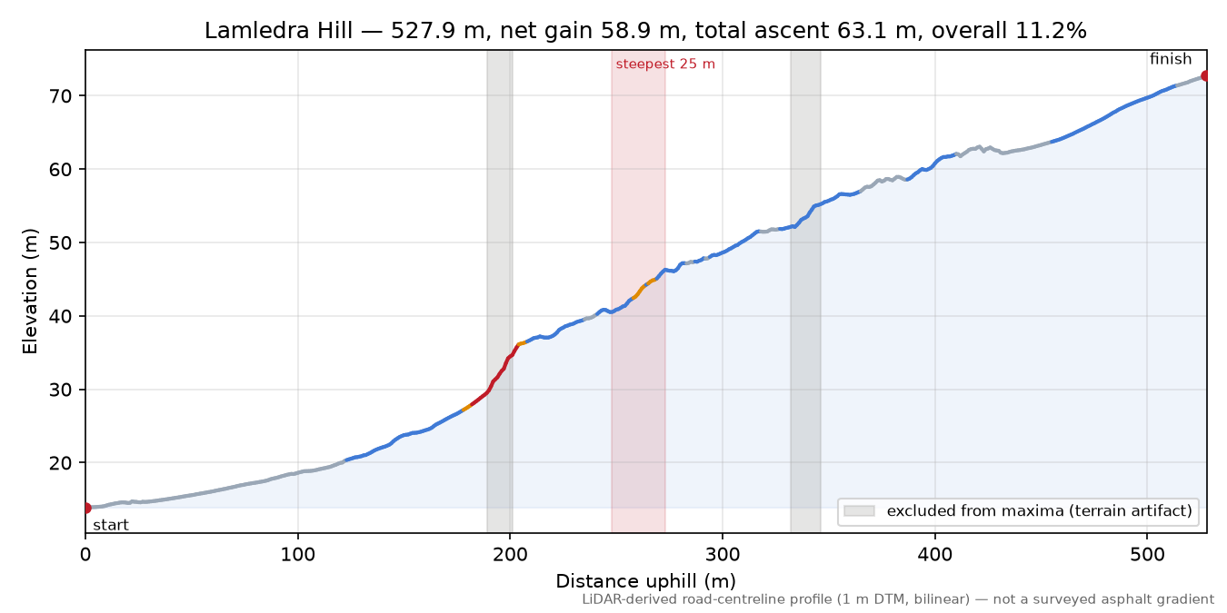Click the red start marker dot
[x=86, y=509]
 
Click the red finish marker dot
[x=1205, y=75]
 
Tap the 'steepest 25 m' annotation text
[x=665, y=64]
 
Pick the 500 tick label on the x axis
[x=1147, y=555]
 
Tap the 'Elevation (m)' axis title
[x=30, y=292]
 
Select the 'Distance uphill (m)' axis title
[x=646, y=580]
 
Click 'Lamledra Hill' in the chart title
[x=278, y=31]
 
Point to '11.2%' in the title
[x=1051, y=31]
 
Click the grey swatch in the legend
[x=859, y=510]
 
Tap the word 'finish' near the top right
[x=1171, y=58]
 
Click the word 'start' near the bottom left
[x=111, y=525]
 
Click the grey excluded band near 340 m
[x=805, y=292]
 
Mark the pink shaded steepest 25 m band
[x=638, y=292]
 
